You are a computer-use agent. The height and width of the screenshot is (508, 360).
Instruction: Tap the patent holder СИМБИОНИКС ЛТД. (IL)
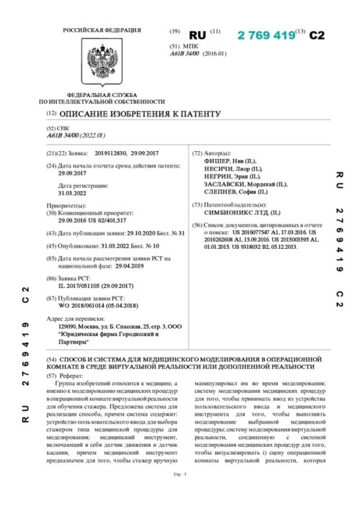(x=240, y=213)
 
